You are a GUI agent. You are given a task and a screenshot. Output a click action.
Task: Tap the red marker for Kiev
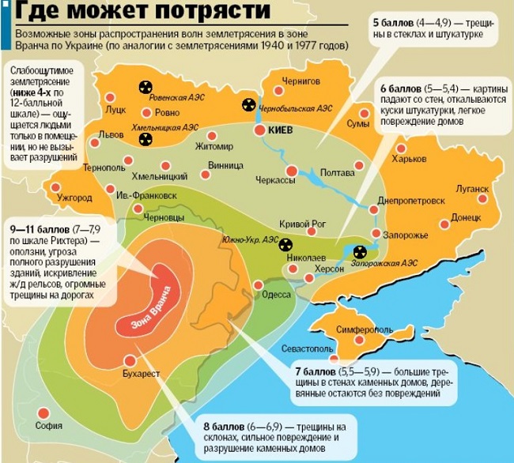259,130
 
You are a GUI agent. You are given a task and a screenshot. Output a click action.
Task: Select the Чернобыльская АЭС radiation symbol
248,103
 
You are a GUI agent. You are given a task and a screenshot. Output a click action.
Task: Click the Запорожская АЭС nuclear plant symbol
360,252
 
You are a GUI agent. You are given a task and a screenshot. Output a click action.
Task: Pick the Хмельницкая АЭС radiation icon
146,139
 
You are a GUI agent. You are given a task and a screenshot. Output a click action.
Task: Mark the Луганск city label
472,189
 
